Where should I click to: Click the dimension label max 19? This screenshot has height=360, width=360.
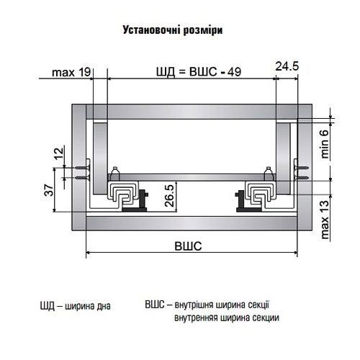[x=71, y=72]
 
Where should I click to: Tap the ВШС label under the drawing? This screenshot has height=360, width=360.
[x=189, y=245]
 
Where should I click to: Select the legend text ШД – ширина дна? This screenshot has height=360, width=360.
[x=76, y=305]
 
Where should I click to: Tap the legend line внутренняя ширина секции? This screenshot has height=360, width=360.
[x=226, y=318]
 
